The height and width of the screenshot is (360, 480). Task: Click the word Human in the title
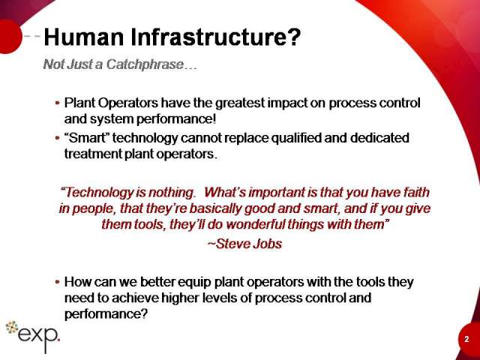[83, 37]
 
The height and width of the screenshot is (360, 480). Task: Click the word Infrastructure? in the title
[216, 37]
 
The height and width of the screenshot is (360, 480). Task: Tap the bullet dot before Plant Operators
[57, 103]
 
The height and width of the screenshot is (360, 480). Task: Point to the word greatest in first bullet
[240, 103]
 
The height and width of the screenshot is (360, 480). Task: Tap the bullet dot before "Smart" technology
[57, 138]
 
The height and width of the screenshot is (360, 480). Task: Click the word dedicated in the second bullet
[379, 138]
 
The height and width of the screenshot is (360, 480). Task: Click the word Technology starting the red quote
[97, 193]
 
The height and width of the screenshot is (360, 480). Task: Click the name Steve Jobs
[244, 244]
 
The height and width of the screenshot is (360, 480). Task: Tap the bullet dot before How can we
[57, 282]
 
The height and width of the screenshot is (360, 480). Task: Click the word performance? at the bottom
[106, 314]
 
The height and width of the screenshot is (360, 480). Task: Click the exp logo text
[38, 337]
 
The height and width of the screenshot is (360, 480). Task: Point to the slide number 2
[466, 339]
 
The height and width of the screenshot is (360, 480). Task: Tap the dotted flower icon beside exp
[12, 327]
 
